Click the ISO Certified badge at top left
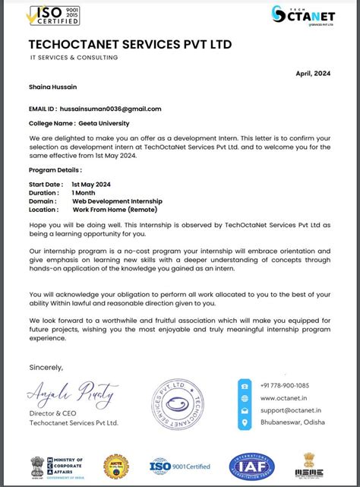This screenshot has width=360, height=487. pyautogui.click(x=53, y=15)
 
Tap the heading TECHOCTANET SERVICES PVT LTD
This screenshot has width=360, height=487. pyautogui.click(x=130, y=45)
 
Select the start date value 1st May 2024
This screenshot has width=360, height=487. pyautogui.click(x=91, y=185)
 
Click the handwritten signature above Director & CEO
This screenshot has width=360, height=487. pyautogui.click(x=73, y=394)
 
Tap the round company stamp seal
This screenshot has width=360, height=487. pyautogui.click(x=187, y=403)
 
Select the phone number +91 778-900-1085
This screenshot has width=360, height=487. pyautogui.click(x=285, y=385)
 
